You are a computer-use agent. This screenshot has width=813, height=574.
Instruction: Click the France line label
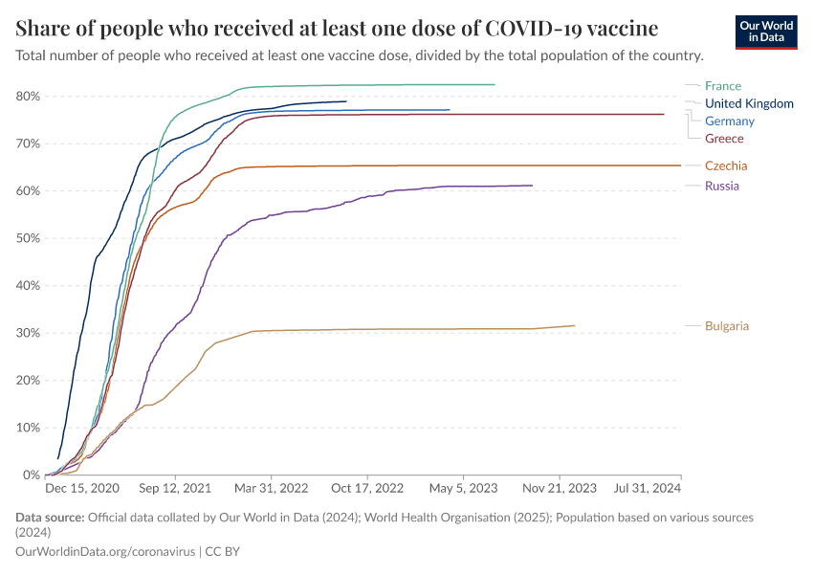pyautogui.click(x=722, y=86)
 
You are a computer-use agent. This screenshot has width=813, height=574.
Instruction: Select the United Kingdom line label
pyautogui.click(x=749, y=103)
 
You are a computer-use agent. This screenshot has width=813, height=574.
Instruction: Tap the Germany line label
pyautogui.click(x=729, y=121)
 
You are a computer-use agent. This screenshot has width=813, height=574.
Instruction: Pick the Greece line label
pyautogui.click(x=724, y=139)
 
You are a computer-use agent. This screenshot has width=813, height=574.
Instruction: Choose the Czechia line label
pyautogui.click(x=726, y=166)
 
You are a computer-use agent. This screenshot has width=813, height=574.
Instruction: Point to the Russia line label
pyautogui.click(x=721, y=186)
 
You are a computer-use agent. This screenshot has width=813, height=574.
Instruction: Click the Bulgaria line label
pyautogui.click(x=727, y=326)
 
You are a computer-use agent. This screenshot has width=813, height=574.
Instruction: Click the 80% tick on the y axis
pyautogui.click(x=28, y=97)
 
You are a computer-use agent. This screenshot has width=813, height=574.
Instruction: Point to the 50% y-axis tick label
pyautogui.click(x=28, y=238)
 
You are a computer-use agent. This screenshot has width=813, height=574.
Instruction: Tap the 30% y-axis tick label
pyautogui.click(x=28, y=333)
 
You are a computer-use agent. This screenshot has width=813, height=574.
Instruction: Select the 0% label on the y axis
pyautogui.click(x=31, y=475)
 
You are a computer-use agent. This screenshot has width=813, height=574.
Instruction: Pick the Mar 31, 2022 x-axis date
pyautogui.click(x=273, y=488)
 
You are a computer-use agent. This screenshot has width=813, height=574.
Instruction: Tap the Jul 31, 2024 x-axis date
pyautogui.click(x=648, y=488)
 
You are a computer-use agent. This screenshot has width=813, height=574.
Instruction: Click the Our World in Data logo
pyautogui.click(x=766, y=32)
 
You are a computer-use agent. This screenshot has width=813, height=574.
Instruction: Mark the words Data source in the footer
pyautogui.click(x=50, y=518)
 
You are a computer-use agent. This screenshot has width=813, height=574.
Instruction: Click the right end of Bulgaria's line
pyautogui.click(x=575, y=325)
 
